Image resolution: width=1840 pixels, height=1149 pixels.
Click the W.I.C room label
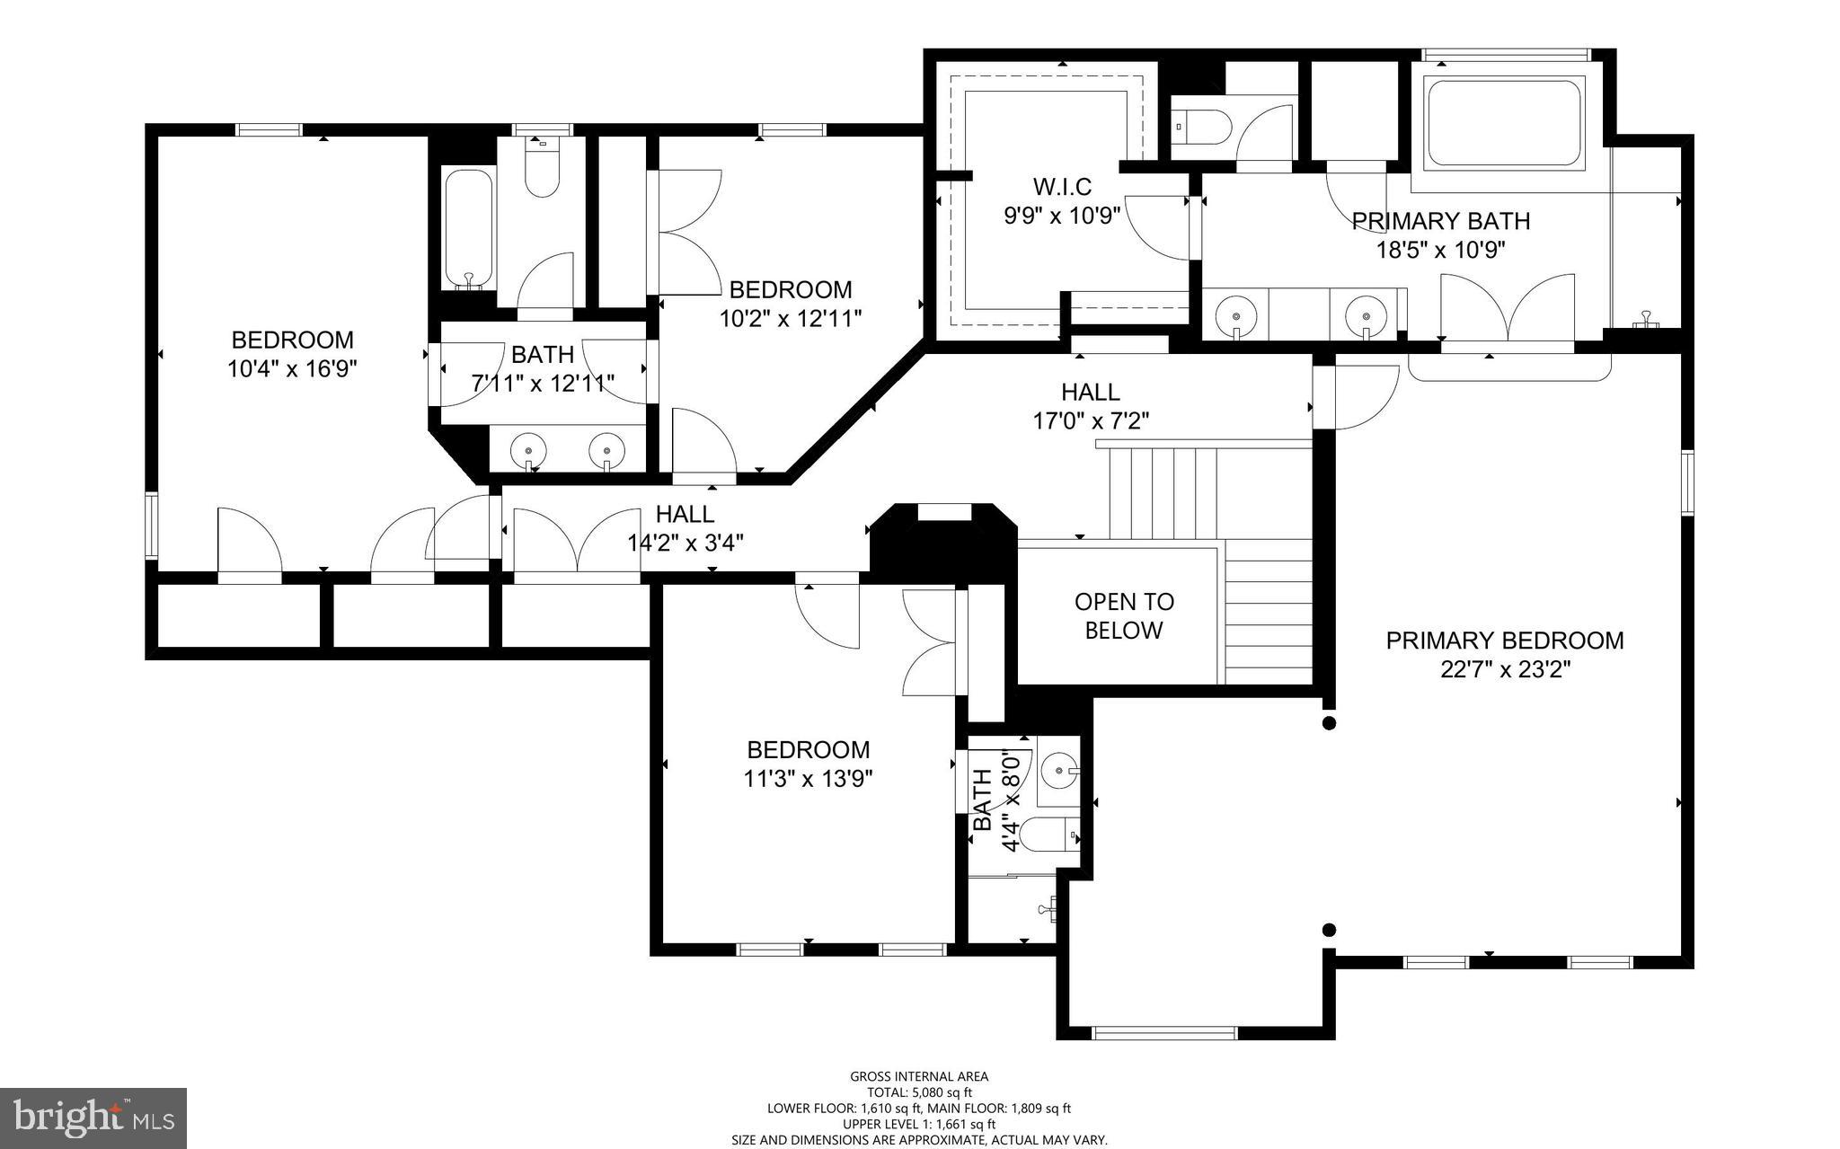(x=1062, y=187)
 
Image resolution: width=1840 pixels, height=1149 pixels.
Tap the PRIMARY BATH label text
(x=1440, y=221)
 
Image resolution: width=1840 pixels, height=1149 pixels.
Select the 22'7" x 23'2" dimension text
(x=1504, y=670)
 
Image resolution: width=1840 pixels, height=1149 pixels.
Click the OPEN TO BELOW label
(x=1124, y=615)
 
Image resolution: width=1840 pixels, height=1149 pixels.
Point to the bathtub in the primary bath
(x=1504, y=123)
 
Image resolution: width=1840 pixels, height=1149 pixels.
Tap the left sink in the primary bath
(x=1236, y=316)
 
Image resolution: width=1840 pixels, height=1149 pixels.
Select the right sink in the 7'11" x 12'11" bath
(x=607, y=449)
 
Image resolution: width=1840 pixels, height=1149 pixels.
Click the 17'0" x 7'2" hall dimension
(x=1091, y=420)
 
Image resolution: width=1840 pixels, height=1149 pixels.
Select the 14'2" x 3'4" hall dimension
(x=685, y=543)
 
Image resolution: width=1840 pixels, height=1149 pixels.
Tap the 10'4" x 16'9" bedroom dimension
(x=292, y=368)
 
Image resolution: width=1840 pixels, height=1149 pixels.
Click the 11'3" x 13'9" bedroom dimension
(x=808, y=778)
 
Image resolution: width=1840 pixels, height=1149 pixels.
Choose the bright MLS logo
(x=93, y=1117)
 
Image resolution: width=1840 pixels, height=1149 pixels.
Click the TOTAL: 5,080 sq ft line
(x=919, y=1092)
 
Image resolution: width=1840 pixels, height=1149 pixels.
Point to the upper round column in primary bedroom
(x=1330, y=723)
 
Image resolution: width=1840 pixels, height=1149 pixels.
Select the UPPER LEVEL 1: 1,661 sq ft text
(x=919, y=1124)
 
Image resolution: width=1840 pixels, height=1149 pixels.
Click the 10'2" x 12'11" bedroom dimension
(x=791, y=318)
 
